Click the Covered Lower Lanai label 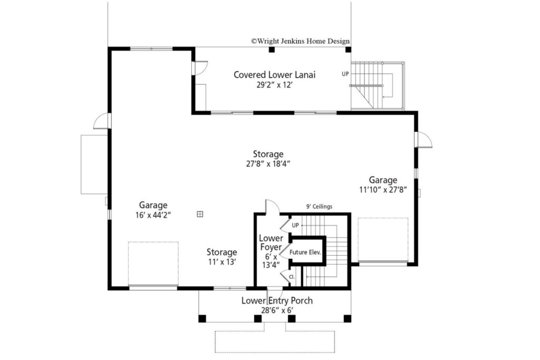click(x=274, y=75)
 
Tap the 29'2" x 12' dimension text click(x=274, y=85)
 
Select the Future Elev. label click(x=305, y=252)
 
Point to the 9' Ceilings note click(x=319, y=207)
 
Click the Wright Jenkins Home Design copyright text click(x=300, y=41)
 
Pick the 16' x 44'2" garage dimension click(x=153, y=215)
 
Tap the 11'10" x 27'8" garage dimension click(x=383, y=190)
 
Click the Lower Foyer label click(x=271, y=242)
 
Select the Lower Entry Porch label click(x=277, y=300)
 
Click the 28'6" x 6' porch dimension click(x=277, y=310)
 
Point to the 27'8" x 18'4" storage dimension click(x=268, y=164)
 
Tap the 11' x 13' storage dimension click(x=222, y=262)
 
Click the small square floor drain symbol click(x=200, y=214)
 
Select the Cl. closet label click(x=292, y=277)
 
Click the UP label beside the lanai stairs click(x=345, y=74)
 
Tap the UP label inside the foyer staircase click(x=295, y=226)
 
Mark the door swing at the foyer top click(x=273, y=206)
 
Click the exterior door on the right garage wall click(x=423, y=140)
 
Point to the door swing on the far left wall click(x=102, y=121)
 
